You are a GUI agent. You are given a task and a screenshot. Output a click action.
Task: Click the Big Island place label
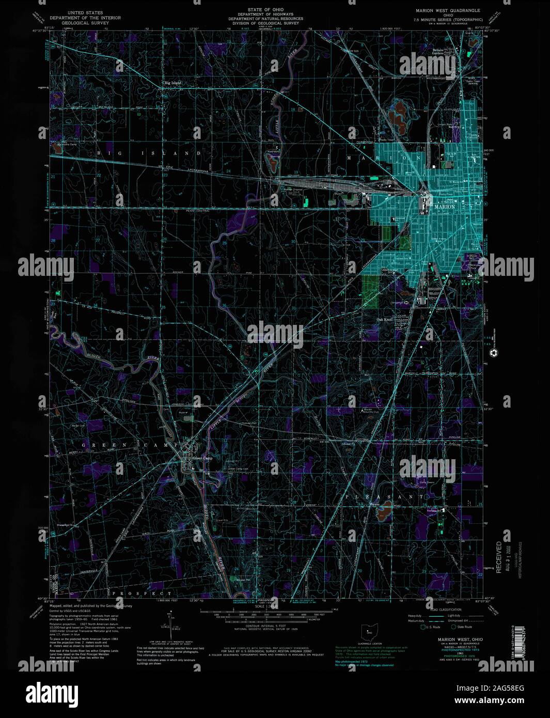[172, 83]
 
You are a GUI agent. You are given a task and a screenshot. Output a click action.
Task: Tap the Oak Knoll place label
[385, 320]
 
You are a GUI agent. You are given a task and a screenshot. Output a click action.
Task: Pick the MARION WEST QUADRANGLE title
[448, 10]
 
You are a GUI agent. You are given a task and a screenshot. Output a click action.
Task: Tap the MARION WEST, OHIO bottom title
[450, 639]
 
